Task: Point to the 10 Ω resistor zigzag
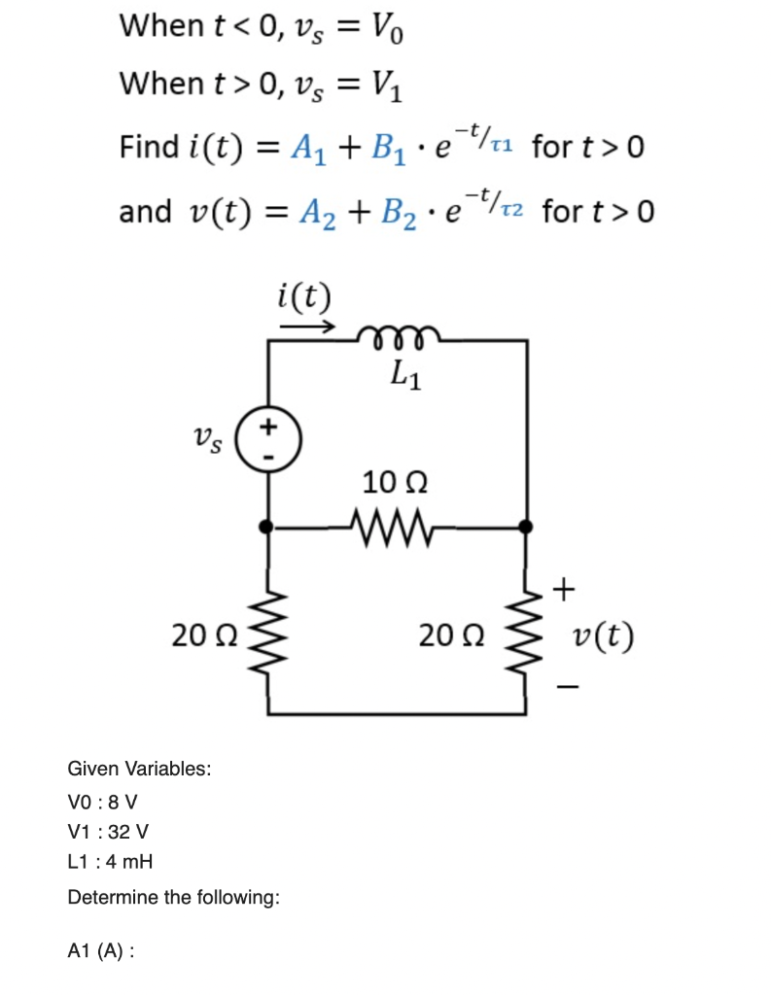[397, 526]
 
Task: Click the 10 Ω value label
[396, 482]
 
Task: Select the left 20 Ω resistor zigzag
[269, 636]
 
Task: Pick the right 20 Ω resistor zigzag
[526, 636]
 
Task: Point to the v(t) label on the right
[603, 637]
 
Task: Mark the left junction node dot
[269, 526]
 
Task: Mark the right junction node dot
[526, 526]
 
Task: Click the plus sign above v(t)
[566, 588]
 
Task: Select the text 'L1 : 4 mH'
[110, 862]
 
